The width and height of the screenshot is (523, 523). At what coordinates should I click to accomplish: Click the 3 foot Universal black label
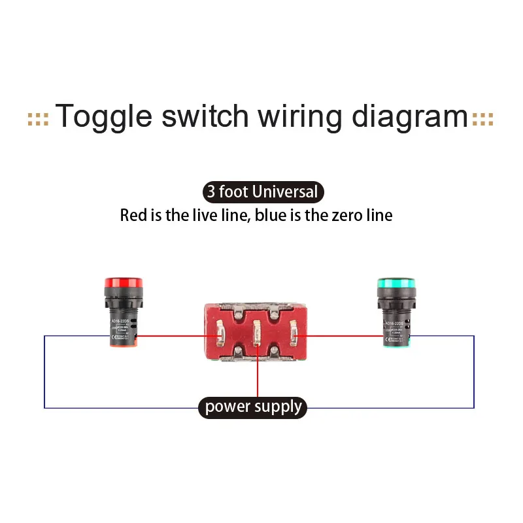pyautogui.click(x=262, y=192)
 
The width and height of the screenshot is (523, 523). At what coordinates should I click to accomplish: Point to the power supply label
pyautogui.click(x=253, y=407)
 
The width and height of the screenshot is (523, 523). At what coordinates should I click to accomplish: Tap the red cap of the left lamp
pyautogui.click(x=124, y=284)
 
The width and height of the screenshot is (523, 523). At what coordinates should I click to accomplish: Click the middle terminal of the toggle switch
pyautogui.click(x=258, y=336)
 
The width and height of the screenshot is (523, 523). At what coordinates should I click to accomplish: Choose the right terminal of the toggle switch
pyautogui.click(x=294, y=336)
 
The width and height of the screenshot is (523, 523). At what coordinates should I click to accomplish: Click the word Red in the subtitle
pyautogui.click(x=133, y=215)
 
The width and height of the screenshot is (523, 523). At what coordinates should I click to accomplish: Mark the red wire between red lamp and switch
pyautogui.click(x=177, y=336)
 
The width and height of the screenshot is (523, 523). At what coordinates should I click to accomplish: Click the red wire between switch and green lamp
pyautogui.click(x=340, y=336)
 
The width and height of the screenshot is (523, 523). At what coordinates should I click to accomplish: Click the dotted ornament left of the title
pyautogui.click(x=38, y=119)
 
